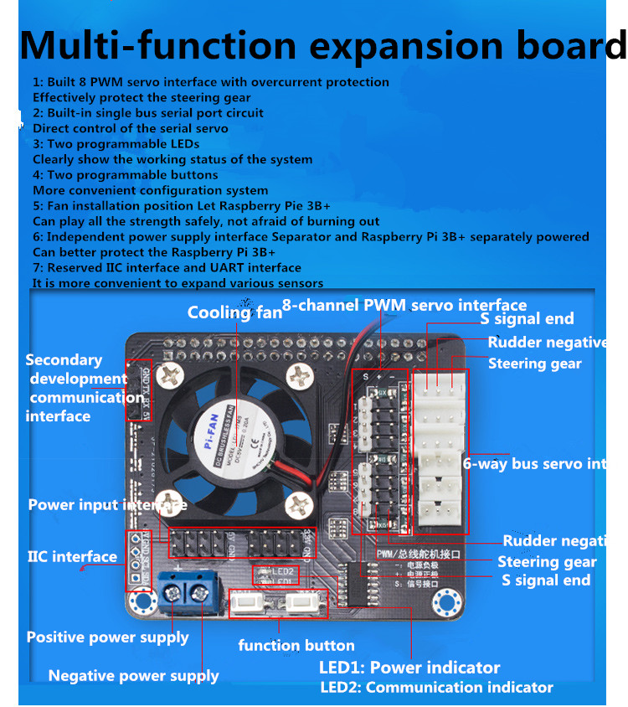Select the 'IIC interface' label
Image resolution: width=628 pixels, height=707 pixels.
point(72,556)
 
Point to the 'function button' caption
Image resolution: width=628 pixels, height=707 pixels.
point(296,645)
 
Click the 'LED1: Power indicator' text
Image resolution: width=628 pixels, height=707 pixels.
point(409,668)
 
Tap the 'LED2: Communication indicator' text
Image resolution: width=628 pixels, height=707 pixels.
point(436,688)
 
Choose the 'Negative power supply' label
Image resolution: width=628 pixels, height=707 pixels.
point(133,676)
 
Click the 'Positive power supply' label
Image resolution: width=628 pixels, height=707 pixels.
point(107,637)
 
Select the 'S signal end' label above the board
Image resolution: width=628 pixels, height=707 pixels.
point(527,318)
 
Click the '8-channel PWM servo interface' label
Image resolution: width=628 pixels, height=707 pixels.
point(404,305)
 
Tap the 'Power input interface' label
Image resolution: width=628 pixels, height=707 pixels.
point(107,505)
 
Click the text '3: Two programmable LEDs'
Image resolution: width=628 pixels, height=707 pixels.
point(116,144)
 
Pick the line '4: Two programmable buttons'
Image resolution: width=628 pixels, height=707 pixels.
point(126,175)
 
